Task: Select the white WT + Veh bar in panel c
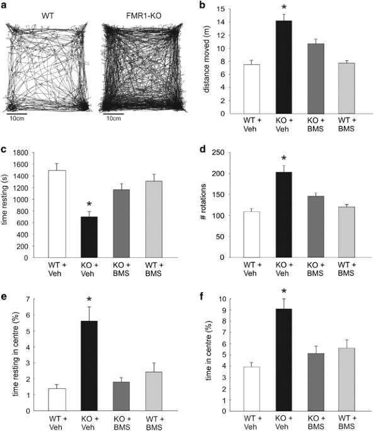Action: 57,214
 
